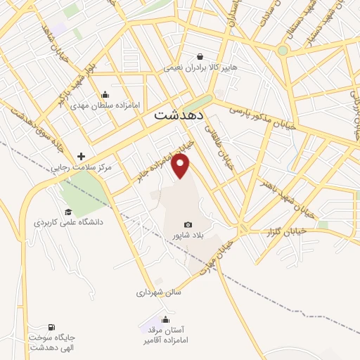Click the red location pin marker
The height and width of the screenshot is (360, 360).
pos(181,166)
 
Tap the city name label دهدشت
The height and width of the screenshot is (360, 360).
pos(178,114)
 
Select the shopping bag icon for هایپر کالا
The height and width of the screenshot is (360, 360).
pos(200,57)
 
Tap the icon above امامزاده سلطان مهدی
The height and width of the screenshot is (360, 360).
pos(105,95)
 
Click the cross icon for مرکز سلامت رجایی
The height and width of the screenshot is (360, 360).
pos(82,156)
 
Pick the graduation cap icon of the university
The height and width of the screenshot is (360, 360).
pos(68,212)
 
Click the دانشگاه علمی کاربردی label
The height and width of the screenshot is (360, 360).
pos(68,222)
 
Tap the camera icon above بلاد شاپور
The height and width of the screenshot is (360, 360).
pos(188,224)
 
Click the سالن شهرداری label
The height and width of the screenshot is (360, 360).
pos(160,291)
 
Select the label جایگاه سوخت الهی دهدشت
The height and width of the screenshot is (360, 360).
pos(51,342)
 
